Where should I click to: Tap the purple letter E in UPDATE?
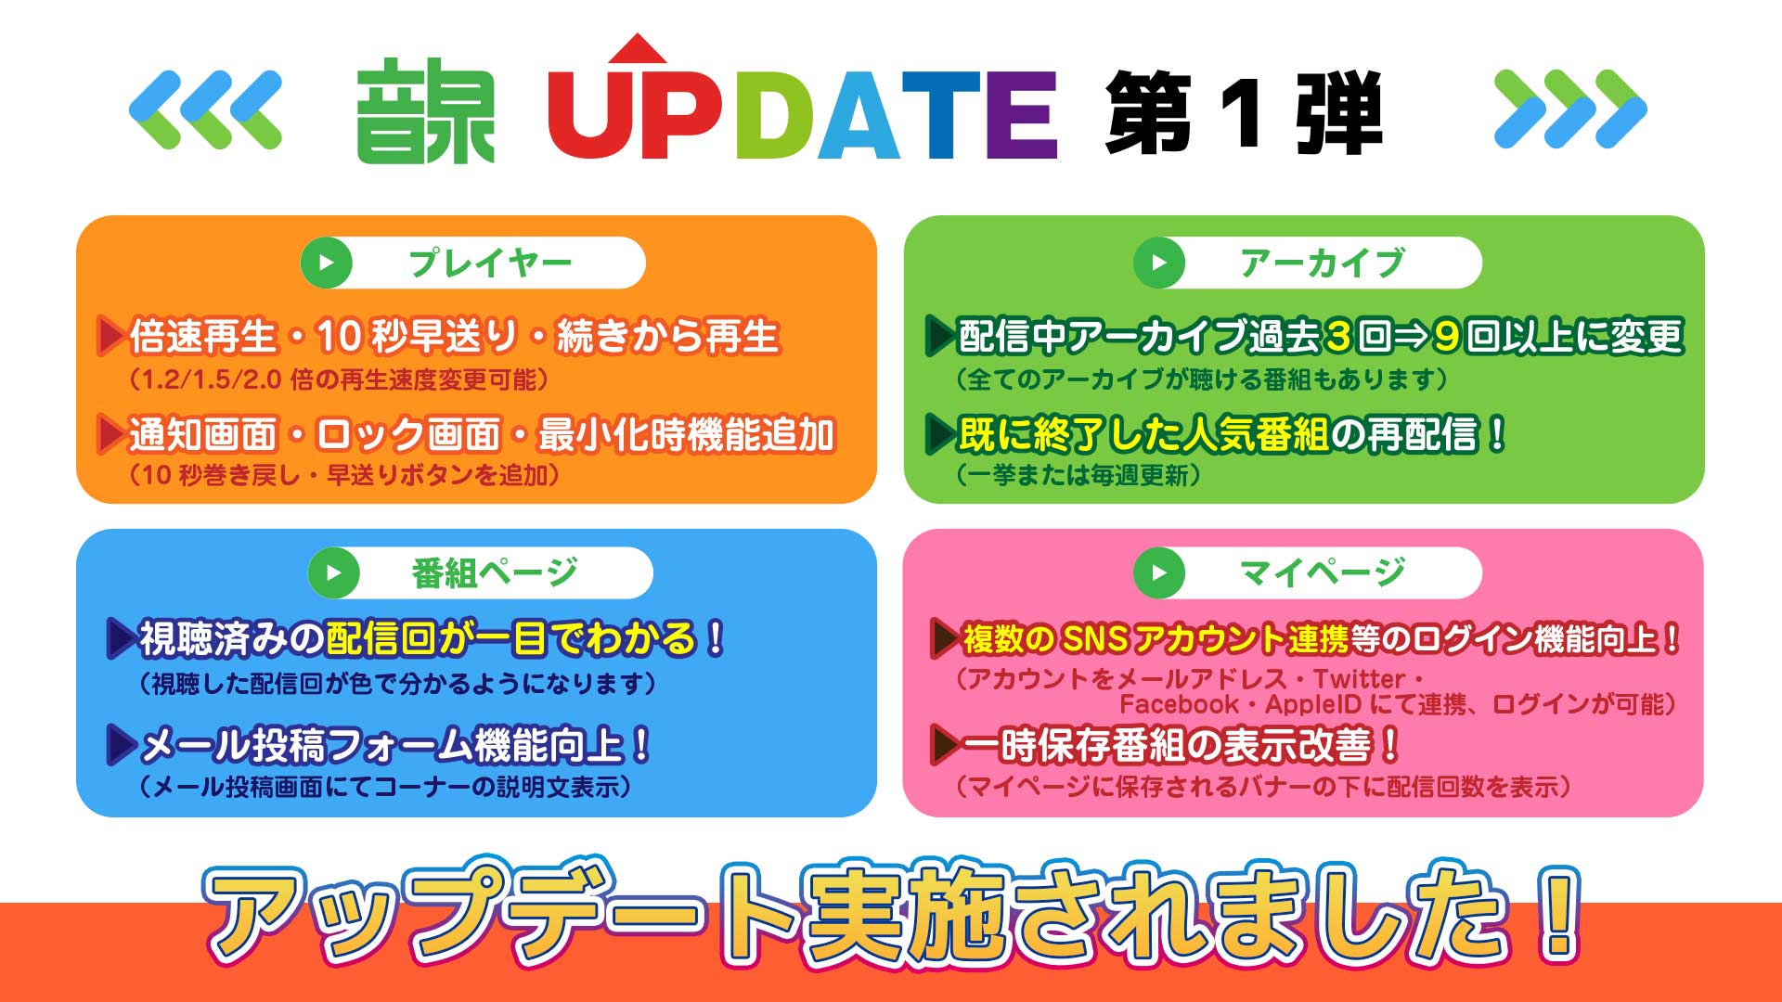pos(1021,116)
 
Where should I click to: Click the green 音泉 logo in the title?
pos(426,111)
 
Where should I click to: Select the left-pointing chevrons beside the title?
pos(205,109)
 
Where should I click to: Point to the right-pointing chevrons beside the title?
pos(1570,109)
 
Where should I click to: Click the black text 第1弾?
pos(1244,113)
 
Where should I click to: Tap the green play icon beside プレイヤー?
pos(326,263)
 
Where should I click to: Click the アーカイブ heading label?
pos(1322,263)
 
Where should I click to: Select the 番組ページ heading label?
pos(494,573)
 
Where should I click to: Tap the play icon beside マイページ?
pos(1159,573)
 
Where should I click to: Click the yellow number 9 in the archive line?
pos(1447,337)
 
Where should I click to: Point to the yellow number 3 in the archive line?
pos(1337,337)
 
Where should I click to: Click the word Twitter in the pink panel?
pos(1359,678)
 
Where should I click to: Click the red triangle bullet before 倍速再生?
pos(110,336)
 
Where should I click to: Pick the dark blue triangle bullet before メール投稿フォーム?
pos(122,744)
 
